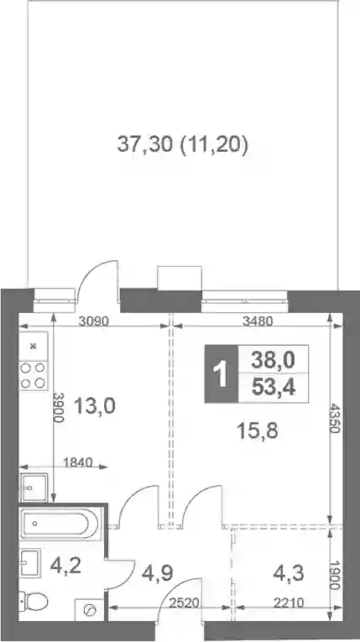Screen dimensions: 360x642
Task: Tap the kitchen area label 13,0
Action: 95,405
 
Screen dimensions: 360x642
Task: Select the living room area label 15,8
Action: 258,431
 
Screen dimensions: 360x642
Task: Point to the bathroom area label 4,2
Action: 65,566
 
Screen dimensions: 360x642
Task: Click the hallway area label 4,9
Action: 157,573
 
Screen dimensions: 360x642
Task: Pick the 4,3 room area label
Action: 289,573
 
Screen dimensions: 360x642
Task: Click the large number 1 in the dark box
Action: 222,373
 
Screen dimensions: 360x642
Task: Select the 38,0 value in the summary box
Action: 274,360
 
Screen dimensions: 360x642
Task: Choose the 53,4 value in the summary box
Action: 274,387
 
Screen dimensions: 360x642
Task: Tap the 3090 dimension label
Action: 94,321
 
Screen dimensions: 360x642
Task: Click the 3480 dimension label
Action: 257,321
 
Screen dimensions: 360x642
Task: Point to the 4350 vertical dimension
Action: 336,418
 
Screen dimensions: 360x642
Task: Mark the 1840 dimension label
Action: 78,462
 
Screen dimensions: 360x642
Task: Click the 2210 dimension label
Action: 290,603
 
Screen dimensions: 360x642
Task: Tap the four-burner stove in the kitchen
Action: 34,376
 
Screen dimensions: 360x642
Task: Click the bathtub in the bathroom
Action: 60,524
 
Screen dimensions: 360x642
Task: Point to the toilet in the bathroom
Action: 34,601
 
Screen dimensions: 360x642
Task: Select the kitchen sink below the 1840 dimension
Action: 34,488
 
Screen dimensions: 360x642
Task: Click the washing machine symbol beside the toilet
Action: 89,610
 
